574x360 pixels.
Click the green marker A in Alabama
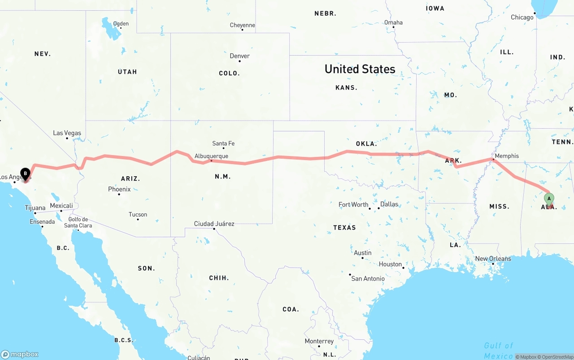click(x=549, y=199)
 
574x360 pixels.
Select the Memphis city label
click(x=507, y=156)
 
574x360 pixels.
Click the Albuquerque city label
click(x=211, y=156)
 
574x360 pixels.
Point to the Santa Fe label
click(x=223, y=143)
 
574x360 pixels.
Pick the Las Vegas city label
click(x=67, y=133)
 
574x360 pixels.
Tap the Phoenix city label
click(x=119, y=189)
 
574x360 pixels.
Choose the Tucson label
click(x=138, y=214)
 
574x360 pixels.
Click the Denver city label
click(x=239, y=56)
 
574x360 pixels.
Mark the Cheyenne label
click(x=242, y=25)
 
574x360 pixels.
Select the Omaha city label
click(x=393, y=22)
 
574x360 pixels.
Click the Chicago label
click(x=522, y=17)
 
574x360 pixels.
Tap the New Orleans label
click(x=493, y=259)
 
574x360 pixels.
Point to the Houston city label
click(x=390, y=264)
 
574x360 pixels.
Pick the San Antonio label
click(x=368, y=278)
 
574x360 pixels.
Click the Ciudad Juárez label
click(x=214, y=224)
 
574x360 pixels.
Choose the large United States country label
click(x=360, y=69)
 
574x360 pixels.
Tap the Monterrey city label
click(x=319, y=341)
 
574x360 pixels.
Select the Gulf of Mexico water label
click(x=498, y=350)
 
